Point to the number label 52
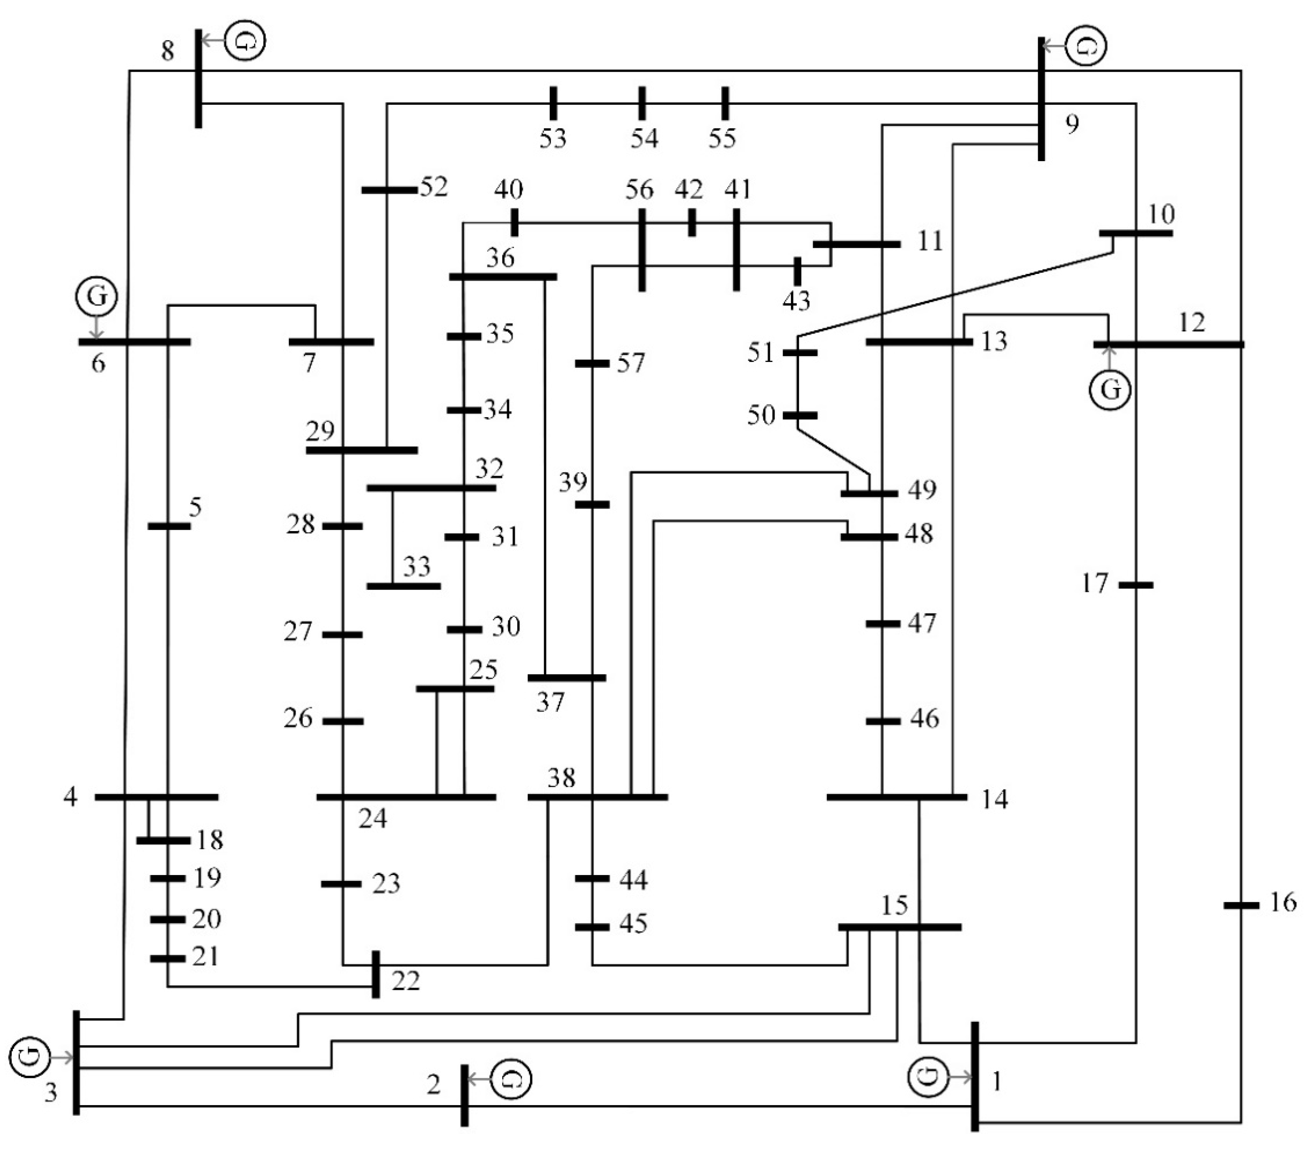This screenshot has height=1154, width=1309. [x=434, y=187]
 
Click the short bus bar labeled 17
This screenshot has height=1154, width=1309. [x=1136, y=585]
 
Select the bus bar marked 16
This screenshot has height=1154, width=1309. [x=1241, y=905]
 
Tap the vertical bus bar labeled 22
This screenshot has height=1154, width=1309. [x=376, y=973]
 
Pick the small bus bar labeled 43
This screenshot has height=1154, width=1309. [x=797, y=271]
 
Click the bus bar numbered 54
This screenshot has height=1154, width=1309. [x=642, y=103]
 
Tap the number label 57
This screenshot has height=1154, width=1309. [x=631, y=363]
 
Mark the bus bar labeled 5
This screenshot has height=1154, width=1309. [x=169, y=526]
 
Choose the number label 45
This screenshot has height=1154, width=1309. [x=633, y=924]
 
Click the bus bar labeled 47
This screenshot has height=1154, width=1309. [x=882, y=623]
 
